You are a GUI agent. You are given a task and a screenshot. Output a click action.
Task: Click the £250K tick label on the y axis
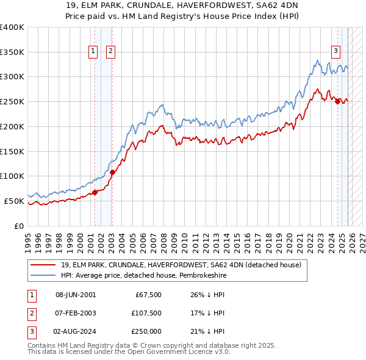pos(12,102)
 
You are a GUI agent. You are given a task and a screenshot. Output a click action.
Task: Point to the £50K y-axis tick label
pos(13,201)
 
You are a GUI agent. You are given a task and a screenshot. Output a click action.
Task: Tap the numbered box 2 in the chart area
pos(110,52)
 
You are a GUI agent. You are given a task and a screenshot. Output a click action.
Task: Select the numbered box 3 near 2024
pos(335,52)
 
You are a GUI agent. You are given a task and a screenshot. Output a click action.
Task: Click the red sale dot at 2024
pos(337,102)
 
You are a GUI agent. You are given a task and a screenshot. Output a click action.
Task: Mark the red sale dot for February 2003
pos(112,172)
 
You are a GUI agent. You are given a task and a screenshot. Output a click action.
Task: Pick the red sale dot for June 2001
pos(95,192)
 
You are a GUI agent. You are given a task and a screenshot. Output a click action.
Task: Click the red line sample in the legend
pos(43,265)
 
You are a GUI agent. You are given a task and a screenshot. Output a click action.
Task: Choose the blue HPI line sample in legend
pos(43,276)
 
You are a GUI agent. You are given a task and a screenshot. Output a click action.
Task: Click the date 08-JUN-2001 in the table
pos(76,295)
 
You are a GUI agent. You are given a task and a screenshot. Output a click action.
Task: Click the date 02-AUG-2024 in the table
pos(76,331)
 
